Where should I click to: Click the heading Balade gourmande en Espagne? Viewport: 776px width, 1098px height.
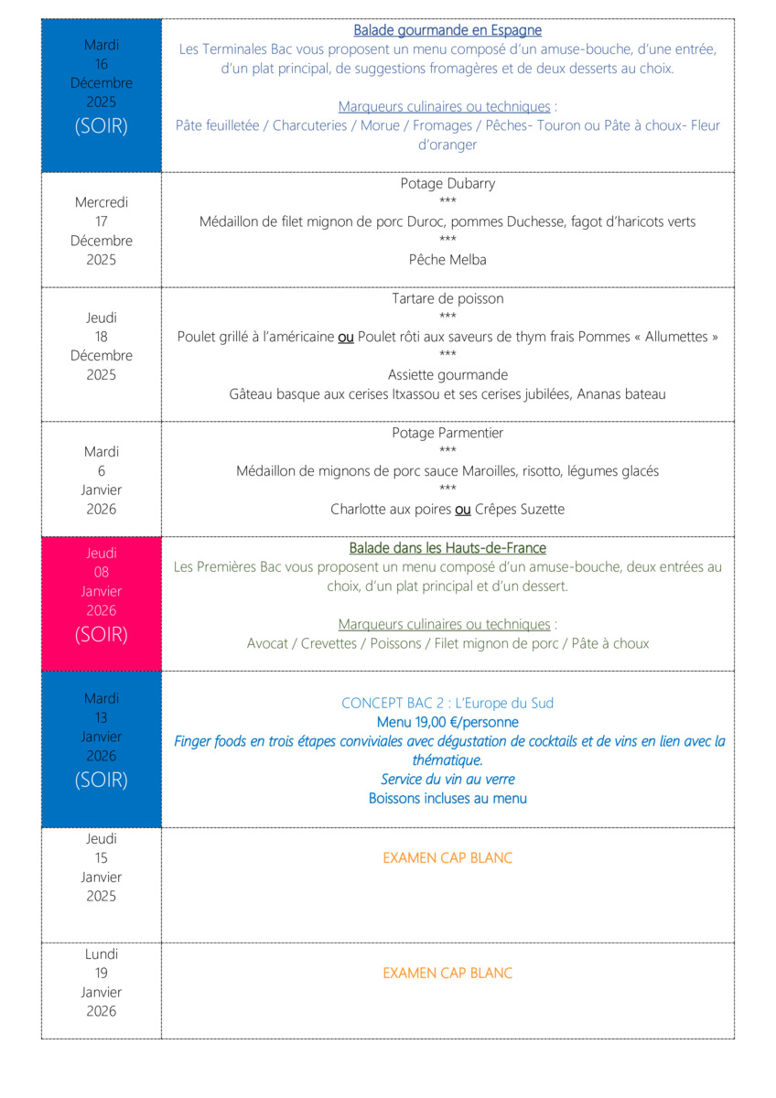(447, 31)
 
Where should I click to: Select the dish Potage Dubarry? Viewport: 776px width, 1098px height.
(447, 184)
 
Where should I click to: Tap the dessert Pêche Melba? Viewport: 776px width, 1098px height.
(447, 260)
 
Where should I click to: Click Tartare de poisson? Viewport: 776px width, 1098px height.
(447, 299)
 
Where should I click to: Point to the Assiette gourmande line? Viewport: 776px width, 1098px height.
(447, 375)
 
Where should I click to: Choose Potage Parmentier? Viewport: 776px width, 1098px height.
(447, 434)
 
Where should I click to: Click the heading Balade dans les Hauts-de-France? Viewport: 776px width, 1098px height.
(447, 549)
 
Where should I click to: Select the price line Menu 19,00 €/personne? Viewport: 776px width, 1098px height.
(447, 723)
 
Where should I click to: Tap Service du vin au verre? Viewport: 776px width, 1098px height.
(447, 780)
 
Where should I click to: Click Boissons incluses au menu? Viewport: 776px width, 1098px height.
(447, 799)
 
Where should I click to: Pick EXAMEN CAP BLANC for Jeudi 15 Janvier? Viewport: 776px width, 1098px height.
(447, 858)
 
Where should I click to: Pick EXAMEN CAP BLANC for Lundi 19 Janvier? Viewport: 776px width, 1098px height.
(447, 974)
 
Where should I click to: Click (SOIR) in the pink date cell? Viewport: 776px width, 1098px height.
(101, 634)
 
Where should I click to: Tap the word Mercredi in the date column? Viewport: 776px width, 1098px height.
(101, 202)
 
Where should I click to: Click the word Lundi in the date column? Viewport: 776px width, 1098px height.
(101, 954)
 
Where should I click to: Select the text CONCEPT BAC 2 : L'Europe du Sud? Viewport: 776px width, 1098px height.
(447, 704)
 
